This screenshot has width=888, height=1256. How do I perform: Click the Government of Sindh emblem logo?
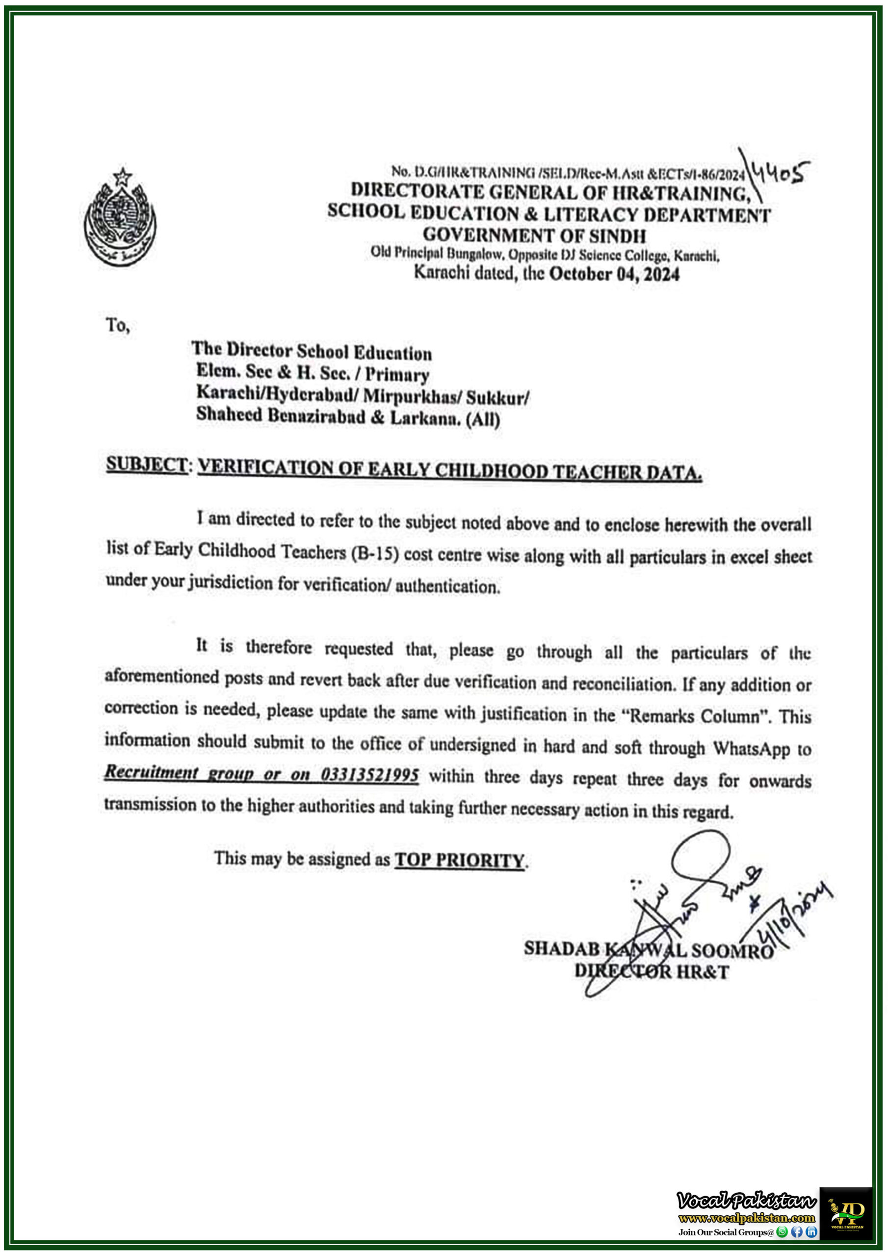click(120, 218)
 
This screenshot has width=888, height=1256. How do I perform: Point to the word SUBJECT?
click(147, 465)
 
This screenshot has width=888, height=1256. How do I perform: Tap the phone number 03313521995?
click(370, 775)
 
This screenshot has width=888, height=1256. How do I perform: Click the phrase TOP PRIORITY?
click(459, 861)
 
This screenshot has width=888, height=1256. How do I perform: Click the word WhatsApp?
click(751, 748)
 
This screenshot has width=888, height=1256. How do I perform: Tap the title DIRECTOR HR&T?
click(651, 972)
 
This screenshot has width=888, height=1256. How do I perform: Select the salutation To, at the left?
click(118, 325)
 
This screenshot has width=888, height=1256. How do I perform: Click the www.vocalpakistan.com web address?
click(746, 1218)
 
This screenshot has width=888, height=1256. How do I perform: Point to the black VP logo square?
click(845, 1213)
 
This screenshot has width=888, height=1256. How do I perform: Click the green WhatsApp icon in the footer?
click(783, 1232)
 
